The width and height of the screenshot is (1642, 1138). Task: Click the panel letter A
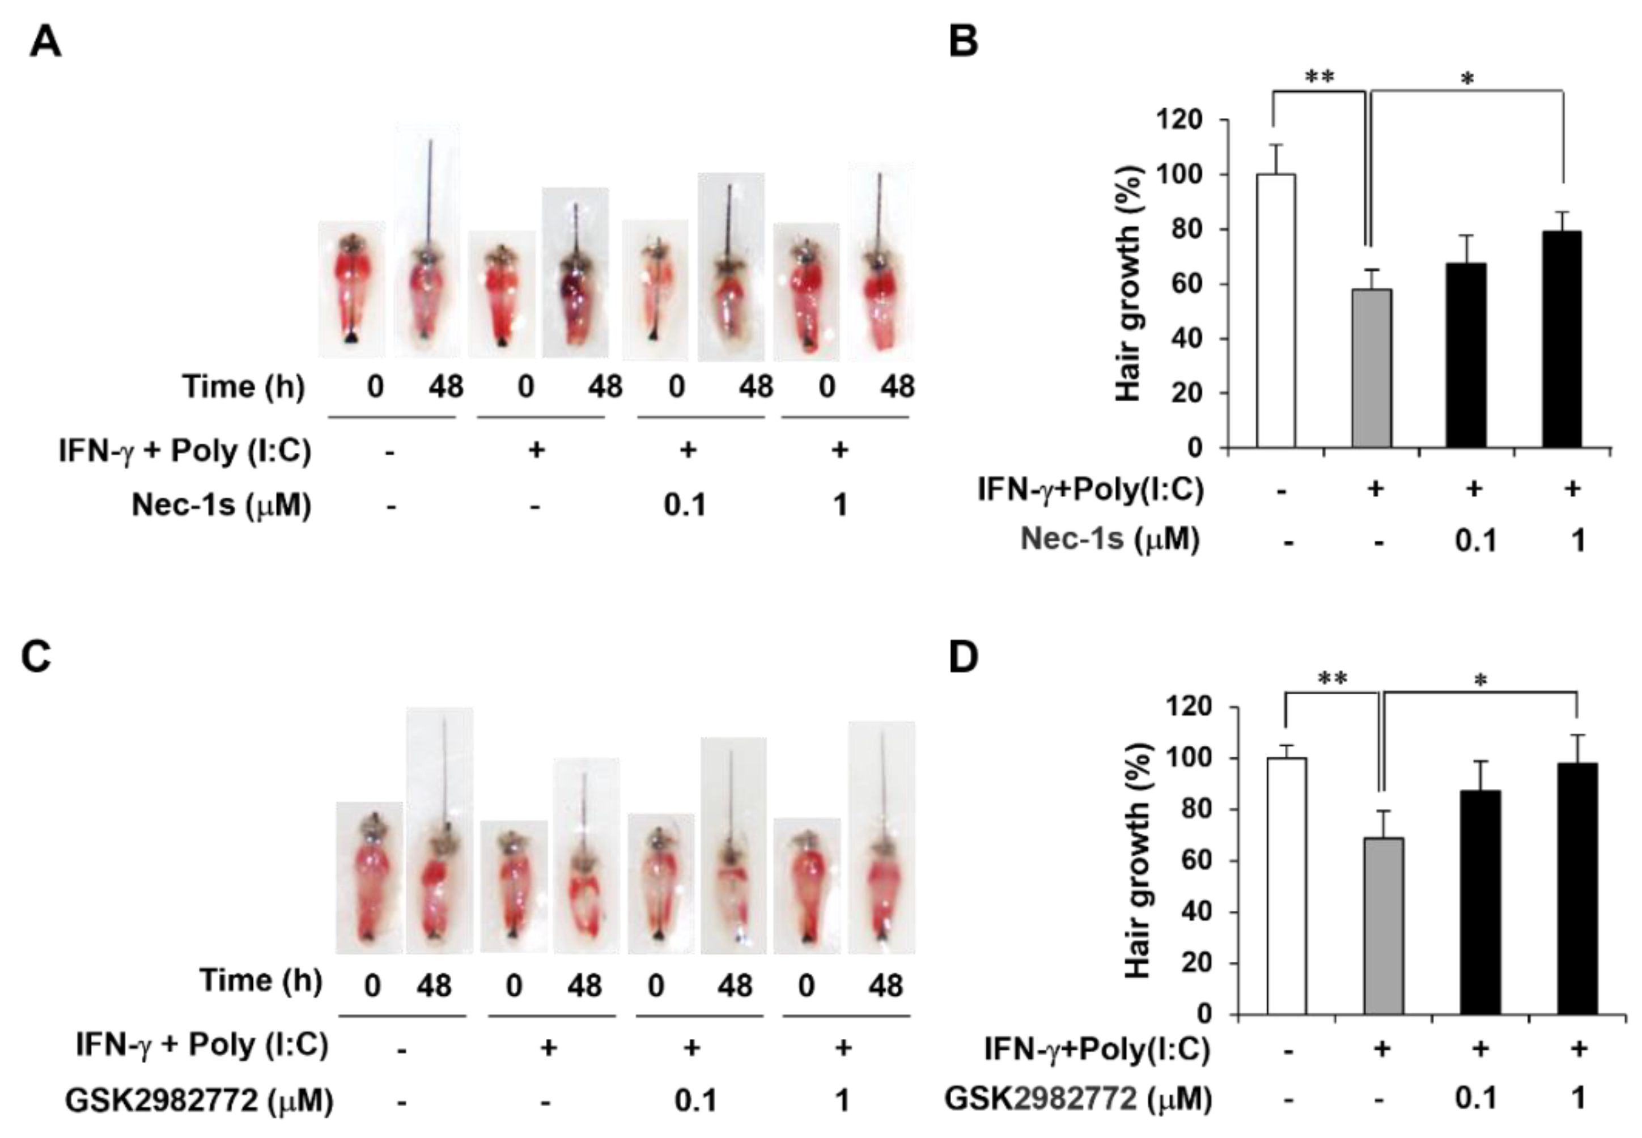[45, 42]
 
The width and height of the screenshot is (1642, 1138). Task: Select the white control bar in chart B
[1275, 310]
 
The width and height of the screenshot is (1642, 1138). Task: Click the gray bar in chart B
[1371, 368]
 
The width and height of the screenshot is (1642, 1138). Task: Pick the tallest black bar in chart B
[1562, 339]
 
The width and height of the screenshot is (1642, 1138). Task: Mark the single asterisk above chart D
[1480, 682]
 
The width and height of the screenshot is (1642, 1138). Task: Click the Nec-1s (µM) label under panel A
[221, 505]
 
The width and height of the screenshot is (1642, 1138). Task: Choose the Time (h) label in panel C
[260, 981]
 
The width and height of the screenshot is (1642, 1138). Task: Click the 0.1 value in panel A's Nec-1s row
[685, 505]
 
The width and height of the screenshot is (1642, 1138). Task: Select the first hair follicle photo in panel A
[351, 289]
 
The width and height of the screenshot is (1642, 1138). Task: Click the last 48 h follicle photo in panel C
[881, 838]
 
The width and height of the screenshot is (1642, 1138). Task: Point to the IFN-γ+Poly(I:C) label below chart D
[1097, 1049]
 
